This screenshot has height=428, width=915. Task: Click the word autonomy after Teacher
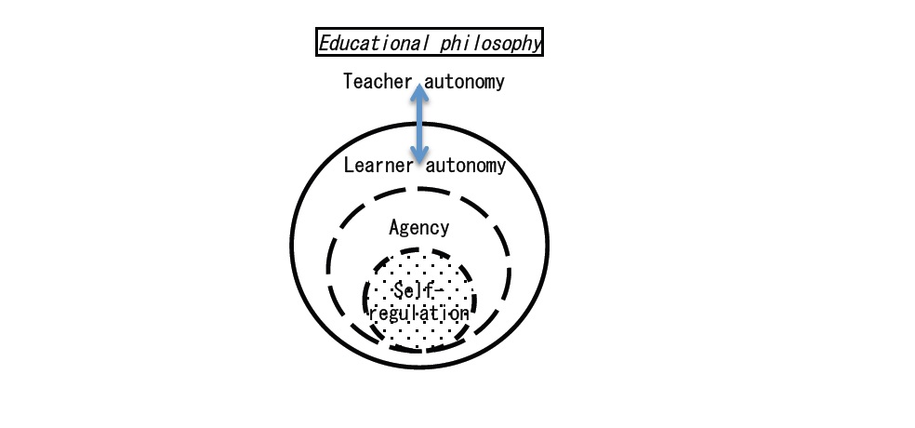(x=465, y=82)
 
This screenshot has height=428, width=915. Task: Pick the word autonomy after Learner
(x=466, y=167)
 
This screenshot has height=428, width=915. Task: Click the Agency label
(x=419, y=228)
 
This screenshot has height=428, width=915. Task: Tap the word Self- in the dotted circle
(x=419, y=290)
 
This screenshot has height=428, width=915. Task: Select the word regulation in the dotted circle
(x=419, y=313)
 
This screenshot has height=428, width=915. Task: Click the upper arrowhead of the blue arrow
(x=419, y=92)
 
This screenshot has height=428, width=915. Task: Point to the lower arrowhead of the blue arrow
(x=419, y=154)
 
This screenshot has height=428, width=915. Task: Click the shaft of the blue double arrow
(x=419, y=123)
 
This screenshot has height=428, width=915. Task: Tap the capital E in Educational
(x=325, y=43)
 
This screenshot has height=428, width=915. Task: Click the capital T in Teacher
(x=349, y=81)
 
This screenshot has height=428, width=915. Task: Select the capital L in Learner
(x=349, y=166)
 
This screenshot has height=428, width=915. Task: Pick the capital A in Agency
(x=394, y=226)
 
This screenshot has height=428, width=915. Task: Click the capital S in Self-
(x=399, y=290)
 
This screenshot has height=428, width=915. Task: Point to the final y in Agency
(x=444, y=230)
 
